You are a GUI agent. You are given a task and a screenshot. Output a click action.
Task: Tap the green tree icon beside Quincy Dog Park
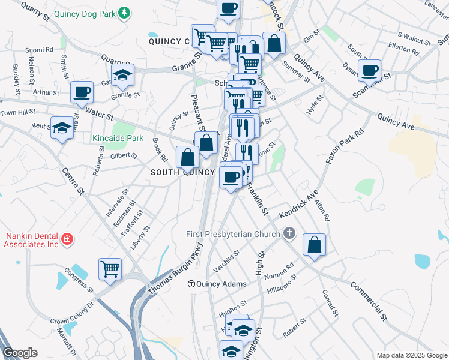point(124,13)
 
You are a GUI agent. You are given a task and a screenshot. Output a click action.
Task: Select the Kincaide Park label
point(118,138)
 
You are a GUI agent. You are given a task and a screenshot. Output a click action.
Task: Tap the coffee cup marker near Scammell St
point(370,71)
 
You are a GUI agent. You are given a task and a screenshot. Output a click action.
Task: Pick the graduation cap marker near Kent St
point(62,128)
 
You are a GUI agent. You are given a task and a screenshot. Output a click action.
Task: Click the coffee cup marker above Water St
point(82,92)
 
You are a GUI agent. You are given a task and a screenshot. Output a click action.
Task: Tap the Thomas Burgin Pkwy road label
point(176,268)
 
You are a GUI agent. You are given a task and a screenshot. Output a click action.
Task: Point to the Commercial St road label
point(369,299)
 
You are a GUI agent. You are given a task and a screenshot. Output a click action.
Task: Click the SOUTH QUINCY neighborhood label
point(182,172)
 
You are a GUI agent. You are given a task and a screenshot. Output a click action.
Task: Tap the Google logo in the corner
point(20,353)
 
